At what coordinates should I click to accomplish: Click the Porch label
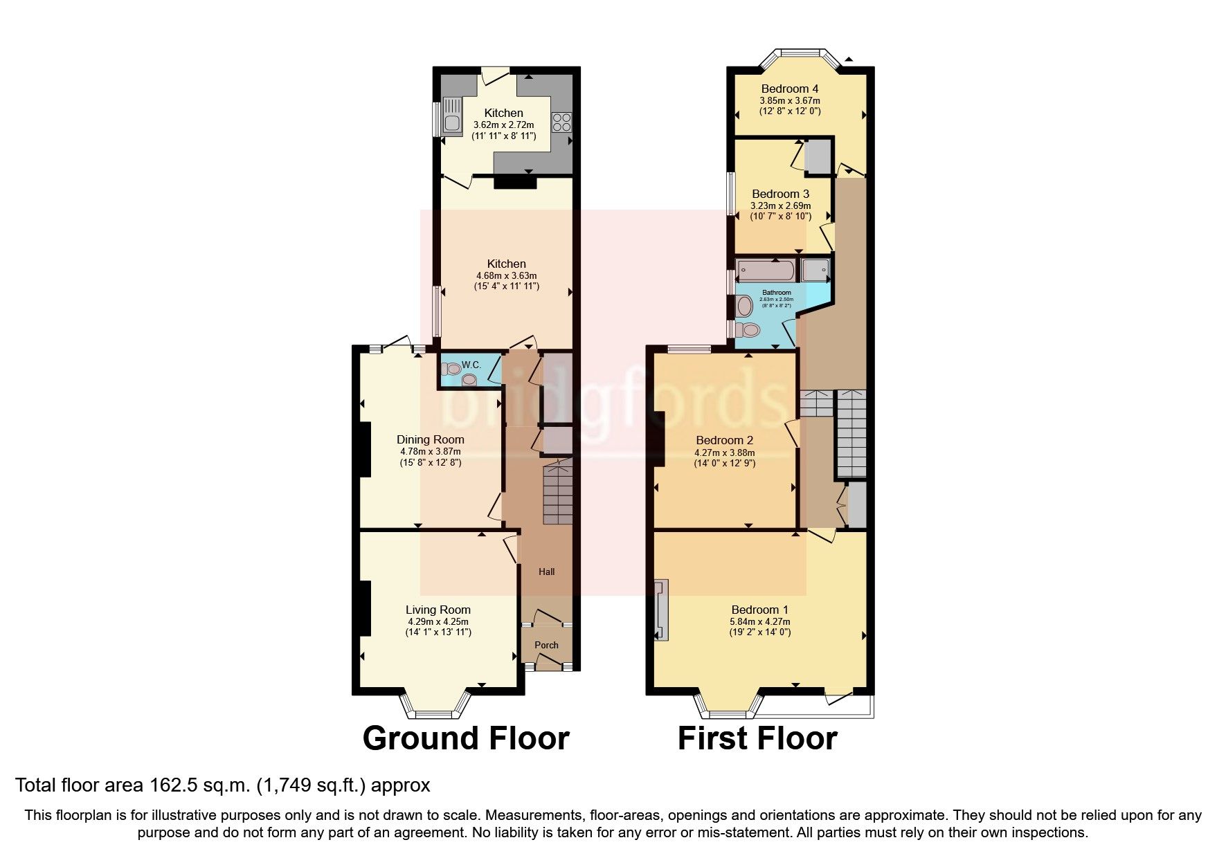(x=546, y=645)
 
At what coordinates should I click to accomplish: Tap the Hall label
(x=546, y=572)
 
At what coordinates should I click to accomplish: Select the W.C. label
(x=471, y=365)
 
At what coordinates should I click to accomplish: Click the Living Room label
(x=438, y=610)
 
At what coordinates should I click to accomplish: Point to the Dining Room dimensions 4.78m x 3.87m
(x=430, y=451)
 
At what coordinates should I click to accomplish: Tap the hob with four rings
(x=561, y=122)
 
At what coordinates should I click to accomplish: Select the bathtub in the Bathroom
(x=766, y=269)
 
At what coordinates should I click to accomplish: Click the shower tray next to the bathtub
(x=815, y=269)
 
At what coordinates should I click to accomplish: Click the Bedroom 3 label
(x=780, y=194)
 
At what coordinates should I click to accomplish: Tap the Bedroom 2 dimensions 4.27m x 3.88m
(x=724, y=453)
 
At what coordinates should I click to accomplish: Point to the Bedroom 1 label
(x=759, y=610)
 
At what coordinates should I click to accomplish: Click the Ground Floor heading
(x=465, y=738)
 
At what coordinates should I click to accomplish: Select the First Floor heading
(x=757, y=738)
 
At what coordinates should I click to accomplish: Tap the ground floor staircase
(x=557, y=494)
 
